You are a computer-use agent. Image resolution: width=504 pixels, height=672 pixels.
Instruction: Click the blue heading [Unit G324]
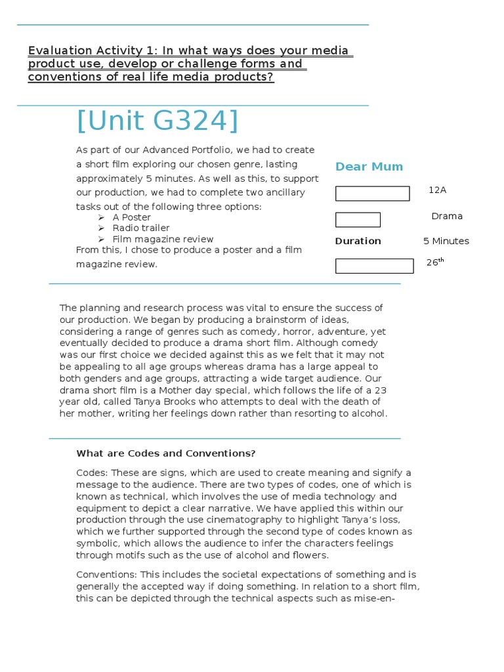(157, 121)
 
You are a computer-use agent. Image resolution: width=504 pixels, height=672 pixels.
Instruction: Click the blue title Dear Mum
(369, 167)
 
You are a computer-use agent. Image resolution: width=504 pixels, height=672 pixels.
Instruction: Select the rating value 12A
(437, 190)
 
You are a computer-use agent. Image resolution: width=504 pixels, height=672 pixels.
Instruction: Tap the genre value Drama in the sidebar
(447, 216)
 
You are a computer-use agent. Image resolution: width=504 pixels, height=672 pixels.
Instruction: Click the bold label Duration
(358, 241)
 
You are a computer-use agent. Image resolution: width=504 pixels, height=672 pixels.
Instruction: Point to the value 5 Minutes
(446, 241)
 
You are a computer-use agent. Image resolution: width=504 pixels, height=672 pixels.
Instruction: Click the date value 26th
(435, 262)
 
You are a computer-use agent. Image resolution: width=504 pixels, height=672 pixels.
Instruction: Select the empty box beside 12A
(372, 194)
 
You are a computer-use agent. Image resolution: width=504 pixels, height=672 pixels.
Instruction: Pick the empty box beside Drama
(358, 220)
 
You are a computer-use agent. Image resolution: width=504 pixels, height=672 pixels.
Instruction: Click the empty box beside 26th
(374, 266)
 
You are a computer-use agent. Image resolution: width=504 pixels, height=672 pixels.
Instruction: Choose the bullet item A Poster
(132, 217)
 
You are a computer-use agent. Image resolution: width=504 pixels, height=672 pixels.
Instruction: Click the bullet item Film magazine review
(163, 239)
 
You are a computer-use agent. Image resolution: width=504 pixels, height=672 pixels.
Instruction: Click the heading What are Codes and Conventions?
(165, 453)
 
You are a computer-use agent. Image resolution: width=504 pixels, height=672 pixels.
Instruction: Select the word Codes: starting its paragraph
(91, 472)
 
